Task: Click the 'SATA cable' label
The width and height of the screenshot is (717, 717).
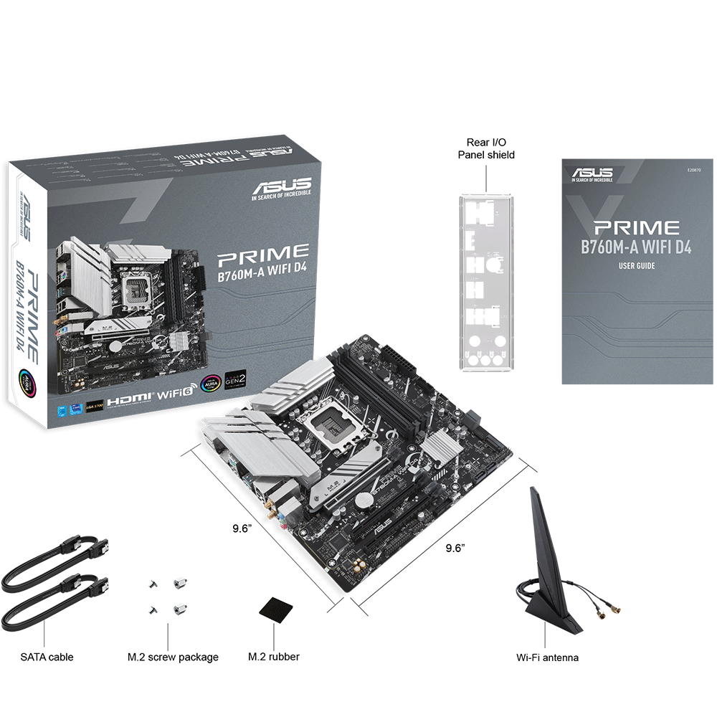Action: [47, 657]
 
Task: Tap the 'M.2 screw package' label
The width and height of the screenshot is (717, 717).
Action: [173, 657]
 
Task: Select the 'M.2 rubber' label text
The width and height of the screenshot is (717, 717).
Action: [273, 657]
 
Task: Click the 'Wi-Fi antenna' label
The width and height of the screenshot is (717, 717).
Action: [547, 657]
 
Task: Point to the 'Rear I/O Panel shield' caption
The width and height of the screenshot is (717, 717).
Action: [486, 148]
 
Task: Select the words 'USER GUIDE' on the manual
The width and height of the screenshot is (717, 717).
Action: [637, 266]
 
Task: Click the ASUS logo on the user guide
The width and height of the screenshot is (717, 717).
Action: [592, 174]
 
